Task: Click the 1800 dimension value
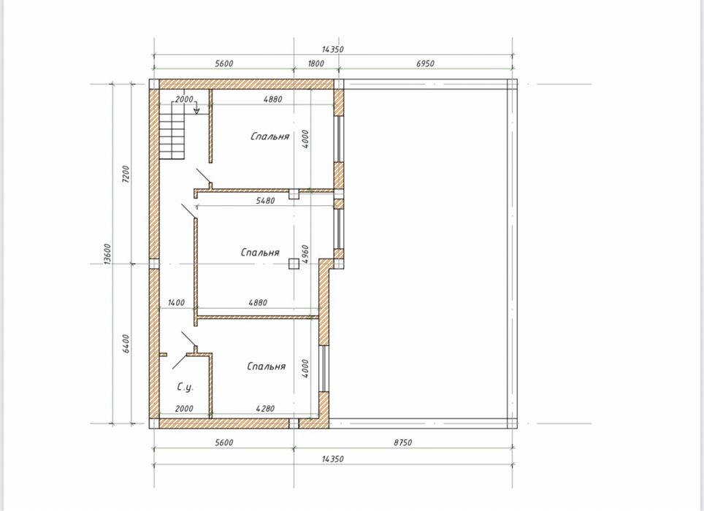click(315, 64)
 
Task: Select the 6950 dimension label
click(425, 64)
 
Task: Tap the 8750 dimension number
click(402, 442)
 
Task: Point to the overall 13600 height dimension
click(107, 254)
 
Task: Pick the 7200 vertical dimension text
click(126, 174)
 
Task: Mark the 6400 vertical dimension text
click(126, 344)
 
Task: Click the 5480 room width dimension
click(265, 201)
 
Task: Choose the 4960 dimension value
click(305, 254)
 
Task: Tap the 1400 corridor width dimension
click(176, 303)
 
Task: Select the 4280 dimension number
click(265, 408)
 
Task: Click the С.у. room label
click(185, 387)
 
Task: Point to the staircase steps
click(172, 130)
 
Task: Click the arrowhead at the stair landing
click(196, 111)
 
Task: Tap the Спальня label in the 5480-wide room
click(260, 252)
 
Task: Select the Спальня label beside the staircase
click(269, 136)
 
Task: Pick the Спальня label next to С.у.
click(267, 366)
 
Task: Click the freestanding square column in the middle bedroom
click(294, 264)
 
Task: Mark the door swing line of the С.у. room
click(180, 361)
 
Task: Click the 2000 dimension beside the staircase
click(184, 99)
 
